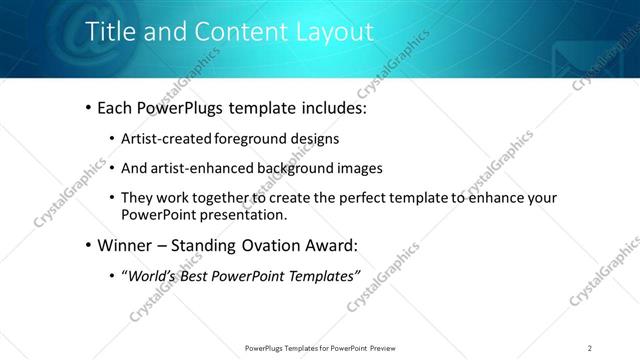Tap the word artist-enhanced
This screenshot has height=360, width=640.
[203, 168]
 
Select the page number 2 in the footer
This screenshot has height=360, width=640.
[590, 348]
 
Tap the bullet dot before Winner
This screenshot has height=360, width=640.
[89, 244]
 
